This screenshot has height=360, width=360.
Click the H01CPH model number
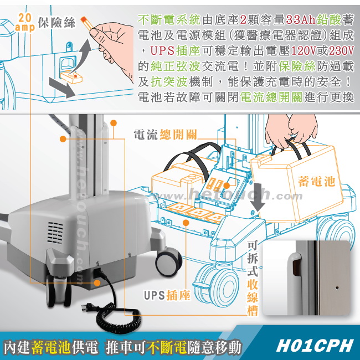click(x=315, y=345)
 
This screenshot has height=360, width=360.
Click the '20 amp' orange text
click(x=25, y=22)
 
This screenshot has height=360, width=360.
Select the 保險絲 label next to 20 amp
click(x=56, y=23)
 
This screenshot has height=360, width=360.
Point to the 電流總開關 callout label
click(x=165, y=135)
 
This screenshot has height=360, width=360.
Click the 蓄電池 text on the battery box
click(x=317, y=181)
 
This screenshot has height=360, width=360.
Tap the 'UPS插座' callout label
click(x=167, y=295)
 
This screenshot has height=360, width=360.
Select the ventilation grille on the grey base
click(x=55, y=233)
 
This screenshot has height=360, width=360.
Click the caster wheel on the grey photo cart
click(x=169, y=263)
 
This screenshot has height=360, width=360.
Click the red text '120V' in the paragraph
click(x=304, y=51)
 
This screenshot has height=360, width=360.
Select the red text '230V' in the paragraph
click(x=341, y=51)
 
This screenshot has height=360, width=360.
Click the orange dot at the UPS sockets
click(x=186, y=223)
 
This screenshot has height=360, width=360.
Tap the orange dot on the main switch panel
click(x=227, y=186)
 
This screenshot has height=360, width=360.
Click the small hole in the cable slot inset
click(x=337, y=287)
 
